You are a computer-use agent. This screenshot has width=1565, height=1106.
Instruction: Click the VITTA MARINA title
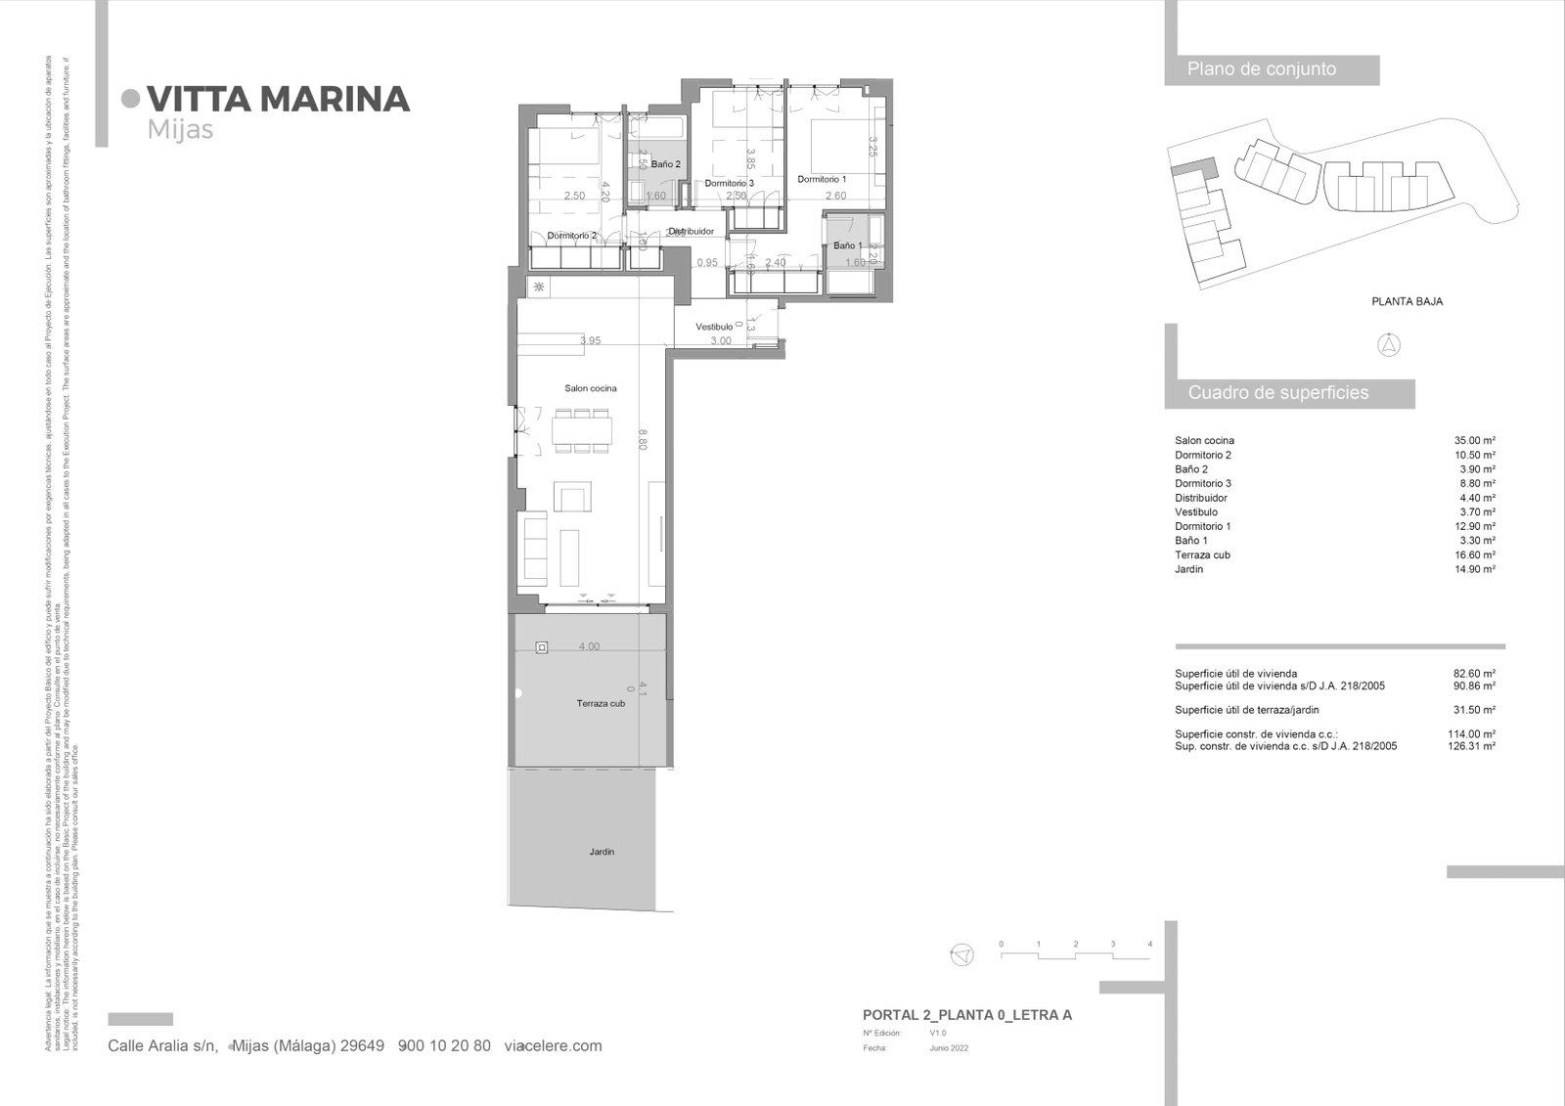[x=278, y=99]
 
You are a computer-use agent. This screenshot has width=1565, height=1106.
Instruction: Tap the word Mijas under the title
[x=180, y=130]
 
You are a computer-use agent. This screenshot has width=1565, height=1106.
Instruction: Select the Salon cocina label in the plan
[x=590, y=388]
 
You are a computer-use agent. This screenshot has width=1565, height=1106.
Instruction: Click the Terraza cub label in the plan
[x=601, y=703]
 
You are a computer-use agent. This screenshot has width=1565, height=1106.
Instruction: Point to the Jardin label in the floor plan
[x=602, y=852]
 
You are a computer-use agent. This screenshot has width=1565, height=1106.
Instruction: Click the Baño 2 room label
[x=665, y=164]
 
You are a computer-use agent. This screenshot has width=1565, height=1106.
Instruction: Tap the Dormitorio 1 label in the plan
[x=822, y=179]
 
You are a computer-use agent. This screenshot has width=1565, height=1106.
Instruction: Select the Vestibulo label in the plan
[x=714, y=327]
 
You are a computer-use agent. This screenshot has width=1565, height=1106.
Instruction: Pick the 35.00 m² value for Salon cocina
[x=1474, y=441]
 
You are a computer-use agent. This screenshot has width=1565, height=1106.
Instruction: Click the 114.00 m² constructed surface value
[x=1471, y=733]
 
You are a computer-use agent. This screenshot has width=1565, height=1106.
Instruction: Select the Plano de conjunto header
[x=1261, y=69]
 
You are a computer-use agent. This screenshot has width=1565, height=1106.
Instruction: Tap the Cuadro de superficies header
[x=1277, y=393]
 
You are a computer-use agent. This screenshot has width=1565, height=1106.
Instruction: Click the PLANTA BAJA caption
[x=1407, y=301]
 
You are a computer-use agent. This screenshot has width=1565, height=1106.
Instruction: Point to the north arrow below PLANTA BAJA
[x=1389, y=344]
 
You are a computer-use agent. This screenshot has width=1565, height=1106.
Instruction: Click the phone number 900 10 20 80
[x=445, y=1045]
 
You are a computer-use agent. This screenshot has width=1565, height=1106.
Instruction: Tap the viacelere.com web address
[x=553, y=1045]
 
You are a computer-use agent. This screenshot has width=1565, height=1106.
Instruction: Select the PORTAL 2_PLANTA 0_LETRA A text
[x=966, y=1015]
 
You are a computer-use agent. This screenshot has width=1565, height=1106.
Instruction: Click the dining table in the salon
[x=583, y=430]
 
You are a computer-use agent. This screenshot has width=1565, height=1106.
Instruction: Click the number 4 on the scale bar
[x=1149, y=945]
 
